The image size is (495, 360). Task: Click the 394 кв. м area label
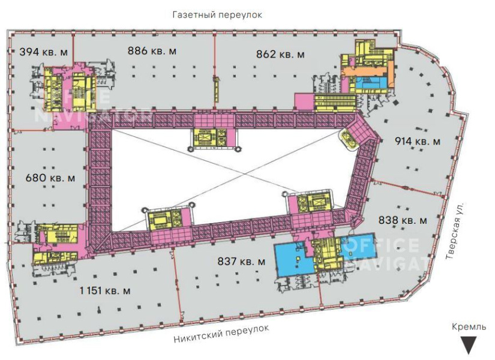(x=44, y=52)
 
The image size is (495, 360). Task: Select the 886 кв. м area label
(x=152, y=50)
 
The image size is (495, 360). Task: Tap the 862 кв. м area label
(x=280, y=55)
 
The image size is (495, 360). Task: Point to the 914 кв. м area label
(x=418, y=141)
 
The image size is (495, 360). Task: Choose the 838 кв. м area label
(x=403, y=220)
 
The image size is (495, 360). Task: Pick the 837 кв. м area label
(x=242, y=262)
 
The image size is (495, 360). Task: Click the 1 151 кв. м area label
(x=105, y=290)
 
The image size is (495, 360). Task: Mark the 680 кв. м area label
(x=50, y=178)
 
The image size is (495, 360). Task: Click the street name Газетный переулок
(x=217, y=15)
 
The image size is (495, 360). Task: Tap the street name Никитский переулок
(x=221, y=334)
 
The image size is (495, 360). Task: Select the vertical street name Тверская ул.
(x=455, y=231)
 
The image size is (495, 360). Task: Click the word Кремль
(x=469, y=327)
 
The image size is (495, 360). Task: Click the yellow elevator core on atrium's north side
(x=209, y=137)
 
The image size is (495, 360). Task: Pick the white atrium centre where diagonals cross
(x=245, y=175)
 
